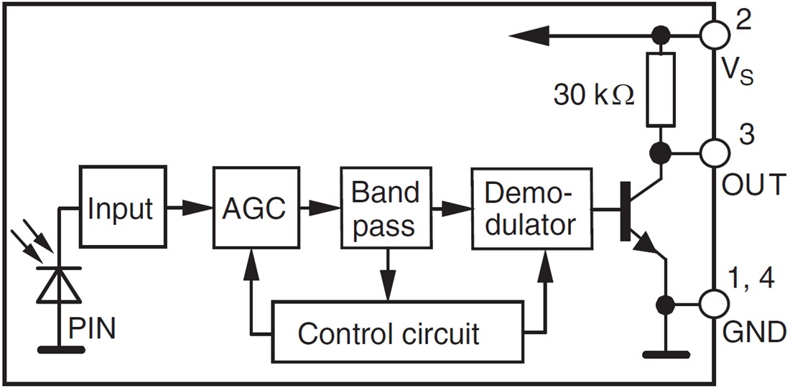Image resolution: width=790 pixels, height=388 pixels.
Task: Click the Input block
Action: point(120,208)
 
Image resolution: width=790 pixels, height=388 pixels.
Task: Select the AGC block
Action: point(254,208)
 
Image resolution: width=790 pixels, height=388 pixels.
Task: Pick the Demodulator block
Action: point(531,208)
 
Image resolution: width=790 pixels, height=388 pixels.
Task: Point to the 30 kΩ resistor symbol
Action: point(659,90)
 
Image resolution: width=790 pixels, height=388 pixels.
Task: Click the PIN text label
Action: point(92,330)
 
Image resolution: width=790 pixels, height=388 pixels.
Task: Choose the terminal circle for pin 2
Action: point(715,34)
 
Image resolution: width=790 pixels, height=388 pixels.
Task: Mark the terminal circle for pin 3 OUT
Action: point(715,152)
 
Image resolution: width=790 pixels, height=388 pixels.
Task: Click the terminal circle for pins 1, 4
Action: point(715,302)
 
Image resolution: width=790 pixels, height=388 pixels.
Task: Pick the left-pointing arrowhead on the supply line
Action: point(528,34)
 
